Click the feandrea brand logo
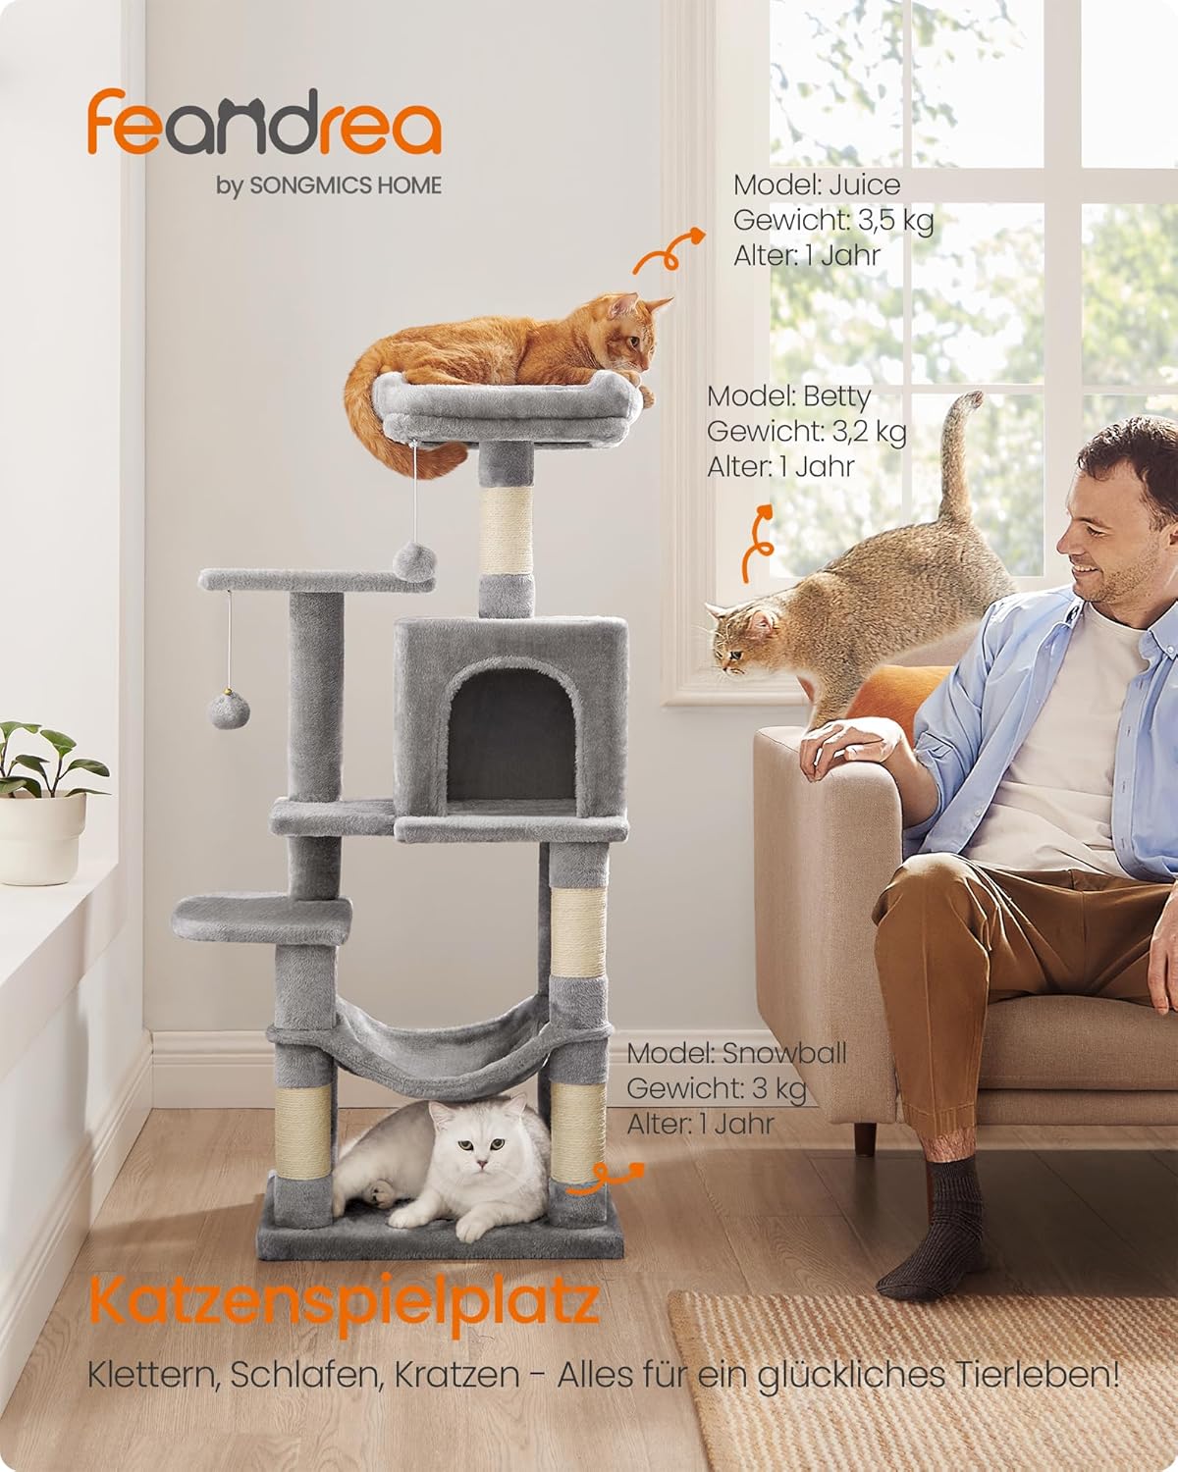click(x=264, y=124)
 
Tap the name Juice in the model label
click(x=865, y=185)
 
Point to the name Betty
click(x=837, y=396)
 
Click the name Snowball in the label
click(x=784, y=1052)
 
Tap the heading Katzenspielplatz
click(x=344, y=1301)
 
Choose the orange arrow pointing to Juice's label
click(x=669, y=251)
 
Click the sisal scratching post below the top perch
click(x=506, y=531)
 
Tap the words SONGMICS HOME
click(x=345, y=186)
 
